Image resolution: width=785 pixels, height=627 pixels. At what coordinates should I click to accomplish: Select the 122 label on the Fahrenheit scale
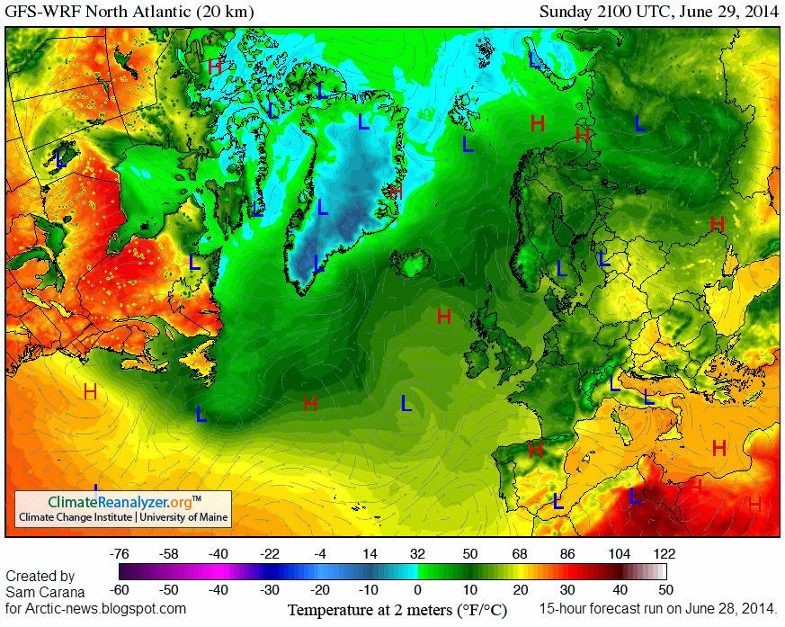[x=665, y=553]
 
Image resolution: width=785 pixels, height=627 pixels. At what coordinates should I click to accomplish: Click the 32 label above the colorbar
[x=417, y=553]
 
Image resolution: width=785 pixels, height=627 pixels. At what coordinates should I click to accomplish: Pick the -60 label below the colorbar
[x=118, y=590]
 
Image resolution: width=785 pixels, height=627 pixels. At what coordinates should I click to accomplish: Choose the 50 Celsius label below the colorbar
[x=665, y=590]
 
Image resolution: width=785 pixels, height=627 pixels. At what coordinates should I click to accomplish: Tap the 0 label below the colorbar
[x=417, y=590]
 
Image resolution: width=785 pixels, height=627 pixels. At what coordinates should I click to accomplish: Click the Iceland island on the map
[x=415, y=265]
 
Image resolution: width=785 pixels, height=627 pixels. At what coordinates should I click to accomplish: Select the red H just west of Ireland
[x=443, y=316]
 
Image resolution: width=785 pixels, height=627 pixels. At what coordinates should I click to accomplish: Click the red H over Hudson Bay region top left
[x=214, y=66]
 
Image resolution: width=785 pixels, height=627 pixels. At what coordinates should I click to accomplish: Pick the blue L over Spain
[x=558, y=500]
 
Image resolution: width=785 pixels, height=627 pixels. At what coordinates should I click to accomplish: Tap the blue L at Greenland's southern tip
[x=317, y=263]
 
